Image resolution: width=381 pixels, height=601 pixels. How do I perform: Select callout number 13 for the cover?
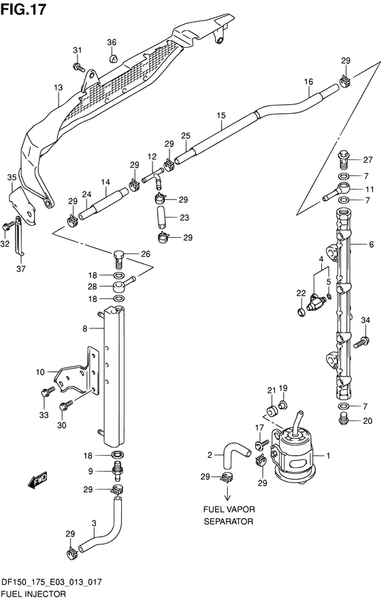(x=58, y=88)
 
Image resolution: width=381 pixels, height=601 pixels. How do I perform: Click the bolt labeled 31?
(x=78, y=67)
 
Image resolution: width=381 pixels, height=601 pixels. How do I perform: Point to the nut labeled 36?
(x=112, y=59)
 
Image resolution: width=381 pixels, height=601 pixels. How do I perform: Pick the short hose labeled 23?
(x=161, y=217)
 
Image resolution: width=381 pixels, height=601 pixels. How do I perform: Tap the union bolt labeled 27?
(x=344, y=159)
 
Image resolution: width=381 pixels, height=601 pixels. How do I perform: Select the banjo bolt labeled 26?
(x=119, y=258)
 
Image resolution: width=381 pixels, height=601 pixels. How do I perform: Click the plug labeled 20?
(x=344, y=420)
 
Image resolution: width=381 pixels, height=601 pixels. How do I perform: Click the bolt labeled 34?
(x=361, y=341)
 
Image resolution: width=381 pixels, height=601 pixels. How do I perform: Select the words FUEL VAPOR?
(x=229, y=510)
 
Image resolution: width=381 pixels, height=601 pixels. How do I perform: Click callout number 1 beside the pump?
(x=327, y=456)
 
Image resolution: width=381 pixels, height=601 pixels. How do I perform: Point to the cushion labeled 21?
(x=271, y=411)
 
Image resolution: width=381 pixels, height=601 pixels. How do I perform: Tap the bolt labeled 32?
(x=6, y=226)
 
